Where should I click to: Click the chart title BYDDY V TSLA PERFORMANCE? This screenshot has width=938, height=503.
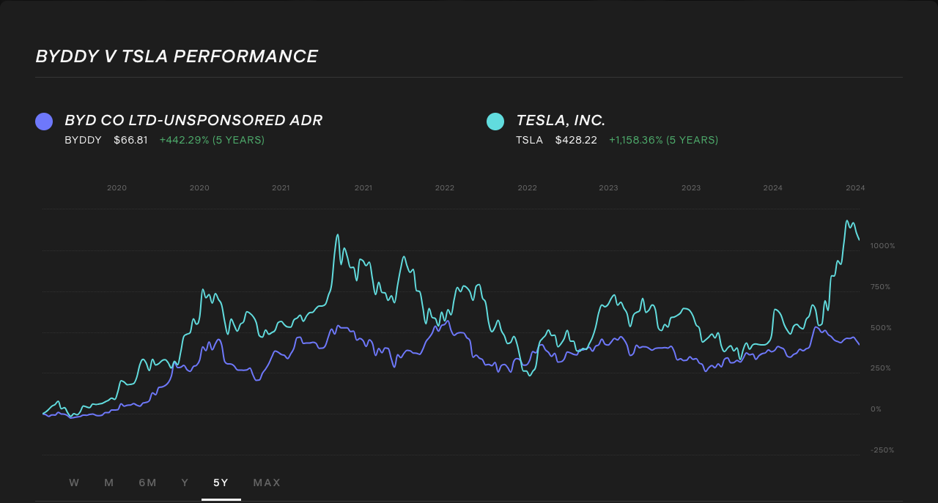click(177, 56)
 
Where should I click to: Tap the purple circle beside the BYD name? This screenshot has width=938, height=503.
click(44, 122)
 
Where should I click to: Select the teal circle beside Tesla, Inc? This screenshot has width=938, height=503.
click(495, 122)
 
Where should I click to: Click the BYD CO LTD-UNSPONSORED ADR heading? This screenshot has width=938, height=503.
click(193, 121)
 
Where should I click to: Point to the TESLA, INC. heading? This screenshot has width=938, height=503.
click(561, 121)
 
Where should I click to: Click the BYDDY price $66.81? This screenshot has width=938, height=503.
click(130, 140)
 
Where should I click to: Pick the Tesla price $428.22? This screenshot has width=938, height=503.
click(576, 140)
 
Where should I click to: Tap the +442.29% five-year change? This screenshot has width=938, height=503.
click(212, 140)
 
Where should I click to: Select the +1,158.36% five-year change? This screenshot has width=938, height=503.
click(663, 140)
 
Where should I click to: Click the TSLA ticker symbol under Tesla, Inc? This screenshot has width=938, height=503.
click(529, 140)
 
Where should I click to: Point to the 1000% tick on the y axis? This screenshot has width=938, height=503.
click(882, 246)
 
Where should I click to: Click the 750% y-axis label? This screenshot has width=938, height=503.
click(880, 287)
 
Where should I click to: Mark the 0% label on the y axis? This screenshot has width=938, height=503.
click(876, 409)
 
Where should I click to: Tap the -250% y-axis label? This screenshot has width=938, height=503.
click(882, 450)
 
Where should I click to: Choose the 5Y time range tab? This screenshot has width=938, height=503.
click(221, 482)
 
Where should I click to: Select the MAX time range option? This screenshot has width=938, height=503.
click(267, 482)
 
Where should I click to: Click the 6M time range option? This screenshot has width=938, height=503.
click(147, 482)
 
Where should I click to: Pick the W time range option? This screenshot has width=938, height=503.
click(74, 482)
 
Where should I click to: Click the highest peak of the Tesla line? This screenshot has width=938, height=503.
click(847, 220)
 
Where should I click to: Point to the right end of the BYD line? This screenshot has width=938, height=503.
click(859, 344)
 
